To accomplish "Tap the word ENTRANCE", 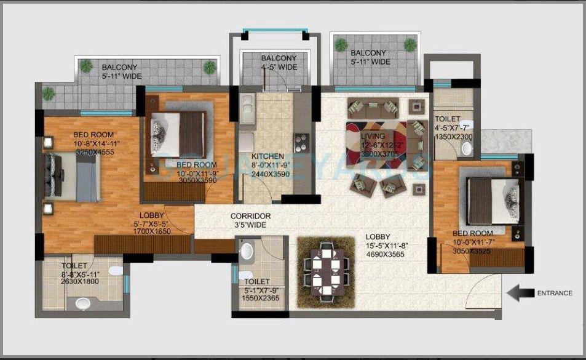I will pyautogui.click(x=554, y=294).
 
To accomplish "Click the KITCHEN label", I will pyautogui.click(x=268, y=156).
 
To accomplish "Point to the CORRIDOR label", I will pyautogui.click(x=250, y=217).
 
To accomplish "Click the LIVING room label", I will pyautogui.click(x=373, y=136).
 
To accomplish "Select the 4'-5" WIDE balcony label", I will pyautogui.click(x=279, y=66).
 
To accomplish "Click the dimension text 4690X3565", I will pyautogui.click(x=384, y=254).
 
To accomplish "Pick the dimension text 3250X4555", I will pyautogui.click(x=95, y=152).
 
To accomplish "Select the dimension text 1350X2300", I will pyautogui.click(x=453, y=137).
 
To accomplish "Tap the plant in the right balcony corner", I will pyautogui.click(x=410, y=43).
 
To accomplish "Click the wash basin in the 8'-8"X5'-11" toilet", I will pyautogui.click(x=82, y=302).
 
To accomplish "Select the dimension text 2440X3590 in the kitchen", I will pyautogui.click(x=268, y=174).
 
